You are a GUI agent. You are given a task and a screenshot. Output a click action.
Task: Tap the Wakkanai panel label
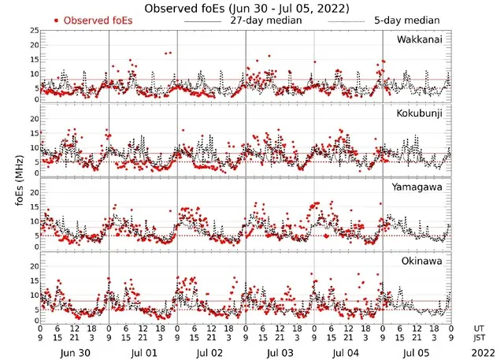point(419,39)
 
